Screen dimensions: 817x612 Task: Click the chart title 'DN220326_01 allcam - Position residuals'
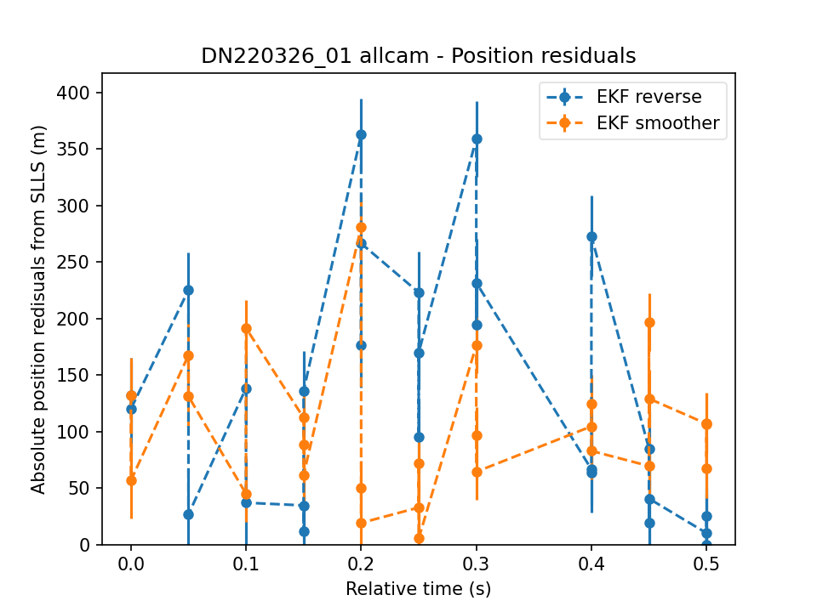419,56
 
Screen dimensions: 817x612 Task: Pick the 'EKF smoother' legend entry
633,122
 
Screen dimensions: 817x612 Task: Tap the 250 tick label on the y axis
73,263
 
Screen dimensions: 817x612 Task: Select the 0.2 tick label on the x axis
361,564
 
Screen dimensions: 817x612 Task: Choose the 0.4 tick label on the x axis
591,564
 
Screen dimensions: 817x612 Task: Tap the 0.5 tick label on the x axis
706,564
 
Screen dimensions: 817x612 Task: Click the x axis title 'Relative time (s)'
419,588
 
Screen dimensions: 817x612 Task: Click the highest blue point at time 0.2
361,135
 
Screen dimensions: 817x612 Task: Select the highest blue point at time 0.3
477,139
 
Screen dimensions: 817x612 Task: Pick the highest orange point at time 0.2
361,228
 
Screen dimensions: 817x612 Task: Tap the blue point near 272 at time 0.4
592,237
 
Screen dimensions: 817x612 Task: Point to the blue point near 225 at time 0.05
189,291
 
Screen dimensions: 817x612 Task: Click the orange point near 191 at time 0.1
247,329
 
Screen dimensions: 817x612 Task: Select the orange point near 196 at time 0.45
649,323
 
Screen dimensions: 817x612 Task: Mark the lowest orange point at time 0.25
419,539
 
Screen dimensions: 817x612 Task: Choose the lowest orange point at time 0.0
131,480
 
